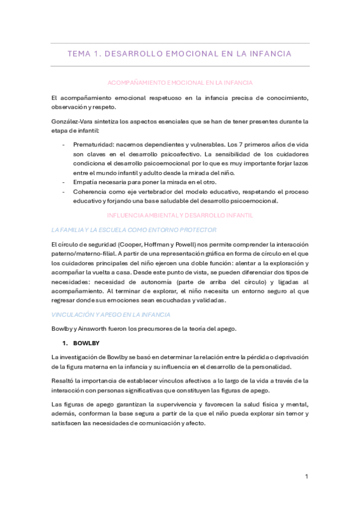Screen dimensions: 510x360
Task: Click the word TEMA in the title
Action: point(79,54)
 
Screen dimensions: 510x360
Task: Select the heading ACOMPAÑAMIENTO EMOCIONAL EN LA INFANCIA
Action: point(180,82)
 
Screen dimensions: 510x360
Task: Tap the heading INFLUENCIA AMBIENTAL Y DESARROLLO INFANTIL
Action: point(180,215)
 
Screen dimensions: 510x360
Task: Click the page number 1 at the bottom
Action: point(307,477)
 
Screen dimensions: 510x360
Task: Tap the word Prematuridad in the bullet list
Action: point(94,145)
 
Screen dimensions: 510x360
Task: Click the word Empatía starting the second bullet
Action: point(86,182)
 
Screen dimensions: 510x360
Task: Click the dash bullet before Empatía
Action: point(64,182)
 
